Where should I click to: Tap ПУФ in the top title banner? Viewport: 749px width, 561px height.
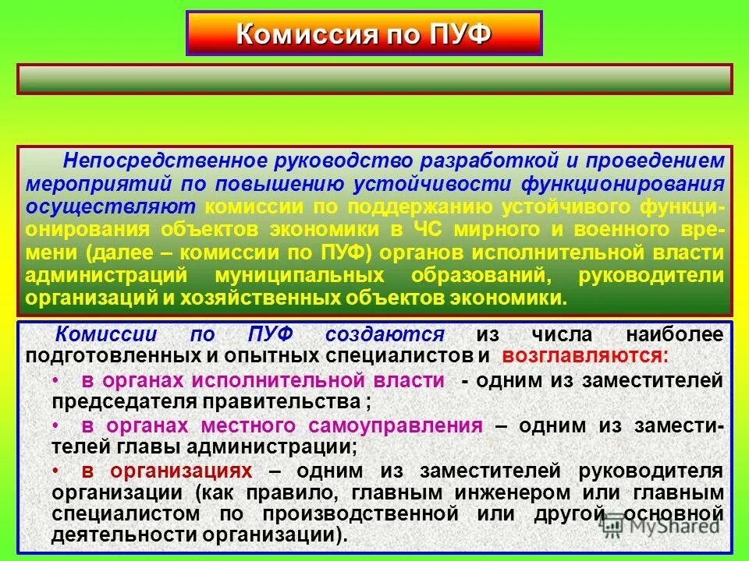[x=460, y=34]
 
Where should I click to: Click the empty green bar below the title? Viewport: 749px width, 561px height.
[x=374, y=79]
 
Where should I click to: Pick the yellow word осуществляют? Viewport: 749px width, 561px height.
[x=112, y=207]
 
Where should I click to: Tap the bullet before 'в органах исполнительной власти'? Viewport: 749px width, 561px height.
[x=55, y=381]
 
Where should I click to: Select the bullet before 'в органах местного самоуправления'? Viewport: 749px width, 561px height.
[x=55, y=426]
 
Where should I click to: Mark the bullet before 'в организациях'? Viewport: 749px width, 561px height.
[x=55, y=471]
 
